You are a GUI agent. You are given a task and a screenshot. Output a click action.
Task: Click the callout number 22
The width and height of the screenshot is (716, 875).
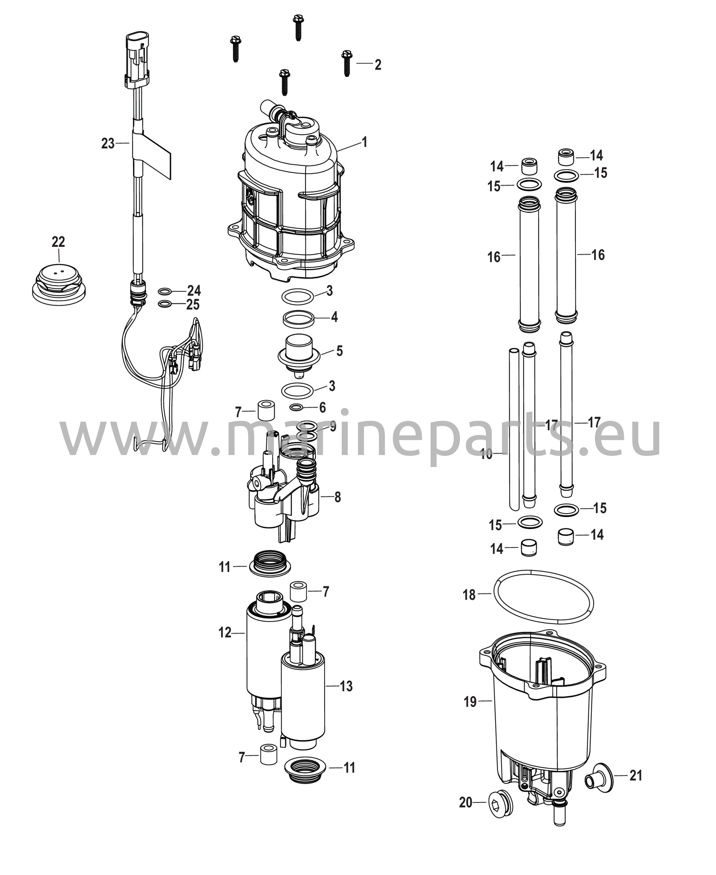[59, 242]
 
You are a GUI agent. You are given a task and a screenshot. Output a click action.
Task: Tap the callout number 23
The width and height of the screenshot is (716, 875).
[108, 144]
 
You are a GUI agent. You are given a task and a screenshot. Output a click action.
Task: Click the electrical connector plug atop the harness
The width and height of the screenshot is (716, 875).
[137, 59]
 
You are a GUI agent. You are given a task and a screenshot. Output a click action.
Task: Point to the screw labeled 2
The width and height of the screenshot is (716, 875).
[346, 63]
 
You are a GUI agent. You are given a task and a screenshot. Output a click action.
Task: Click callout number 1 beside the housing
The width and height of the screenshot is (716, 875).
[364, 142]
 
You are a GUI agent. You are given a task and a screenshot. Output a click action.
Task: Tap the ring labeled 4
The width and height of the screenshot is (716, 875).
[299, 318]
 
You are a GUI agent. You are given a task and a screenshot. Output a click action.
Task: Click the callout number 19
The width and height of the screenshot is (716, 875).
[470, 702]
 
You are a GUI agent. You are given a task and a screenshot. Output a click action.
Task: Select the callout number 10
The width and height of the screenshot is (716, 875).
[486, 455]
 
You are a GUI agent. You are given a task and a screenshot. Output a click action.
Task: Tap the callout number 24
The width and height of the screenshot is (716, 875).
[194, 291]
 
